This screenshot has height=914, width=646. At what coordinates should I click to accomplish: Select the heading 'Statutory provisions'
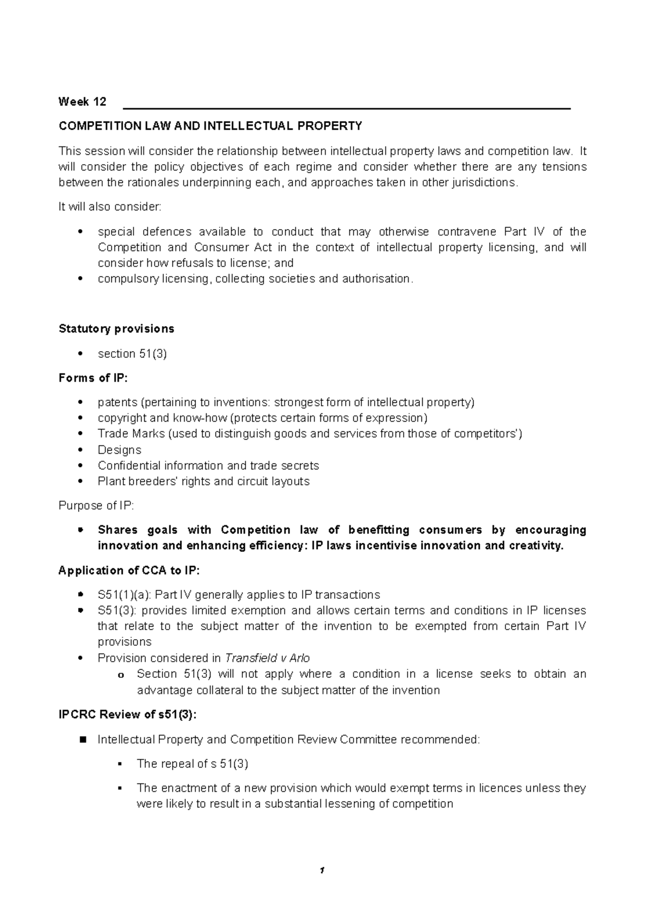click(x=116, y=329)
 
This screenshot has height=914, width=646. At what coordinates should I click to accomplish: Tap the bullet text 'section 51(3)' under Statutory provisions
click(x=132, y=354)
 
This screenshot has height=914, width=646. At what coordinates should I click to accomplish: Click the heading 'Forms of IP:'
click(x=93, y=378)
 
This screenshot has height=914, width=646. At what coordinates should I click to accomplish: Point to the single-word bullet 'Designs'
click(x=120, y=450)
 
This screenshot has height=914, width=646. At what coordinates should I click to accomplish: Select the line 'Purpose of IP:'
click(x=96, y=506)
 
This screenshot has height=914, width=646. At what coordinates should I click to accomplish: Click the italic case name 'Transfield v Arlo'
click(x=267, y=658)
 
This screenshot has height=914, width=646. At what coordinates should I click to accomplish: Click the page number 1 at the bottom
click(x=322, y=870)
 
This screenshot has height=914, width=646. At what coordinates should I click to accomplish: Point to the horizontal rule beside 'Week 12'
click(x=347, y=109)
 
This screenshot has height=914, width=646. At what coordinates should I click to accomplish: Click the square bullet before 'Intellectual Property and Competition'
click(x=82, y=740)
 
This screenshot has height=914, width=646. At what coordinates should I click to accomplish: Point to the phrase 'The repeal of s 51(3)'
click(x=192, y=764)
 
